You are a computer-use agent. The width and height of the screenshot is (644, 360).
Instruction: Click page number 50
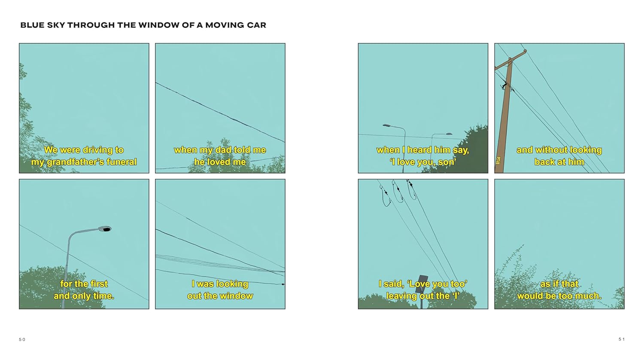(22, 339)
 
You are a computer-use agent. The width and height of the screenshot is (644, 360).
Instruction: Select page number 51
(622, 339)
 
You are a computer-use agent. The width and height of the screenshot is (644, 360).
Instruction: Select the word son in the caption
(448, 162)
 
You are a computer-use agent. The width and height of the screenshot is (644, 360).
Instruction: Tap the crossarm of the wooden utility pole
(510, 60)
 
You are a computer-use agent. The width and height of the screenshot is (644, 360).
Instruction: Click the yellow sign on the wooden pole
(498, 160)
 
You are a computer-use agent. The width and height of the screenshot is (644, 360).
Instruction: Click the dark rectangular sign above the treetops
(422, 283)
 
